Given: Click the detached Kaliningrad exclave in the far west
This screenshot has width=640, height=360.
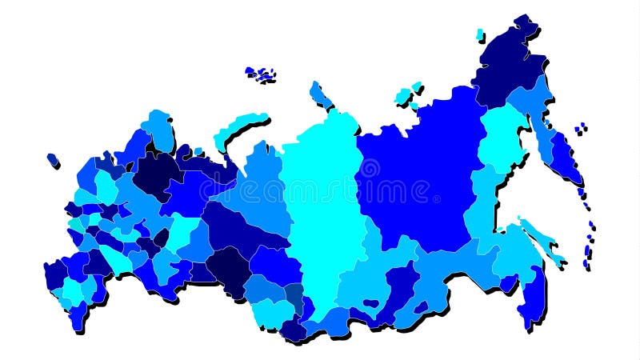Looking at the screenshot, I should (53, 159).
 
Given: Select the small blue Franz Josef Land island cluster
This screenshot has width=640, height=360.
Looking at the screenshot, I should (261, 74).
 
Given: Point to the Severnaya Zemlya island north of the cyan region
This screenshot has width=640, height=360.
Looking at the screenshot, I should (320, 94).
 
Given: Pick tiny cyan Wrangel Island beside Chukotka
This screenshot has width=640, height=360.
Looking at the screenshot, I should (480, 34).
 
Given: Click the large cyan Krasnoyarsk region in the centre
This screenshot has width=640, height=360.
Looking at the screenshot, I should (320, 208).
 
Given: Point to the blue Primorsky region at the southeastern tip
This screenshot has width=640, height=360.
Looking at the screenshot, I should (531, 300).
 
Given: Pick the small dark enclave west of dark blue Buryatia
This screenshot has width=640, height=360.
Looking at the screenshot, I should (370, 304).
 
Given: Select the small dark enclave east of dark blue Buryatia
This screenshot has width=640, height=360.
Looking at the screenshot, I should (421, 306).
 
